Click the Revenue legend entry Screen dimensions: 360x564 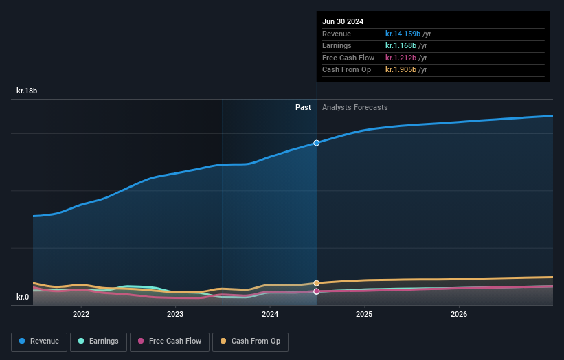coord(39,341)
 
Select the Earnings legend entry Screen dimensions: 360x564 coord(98,341)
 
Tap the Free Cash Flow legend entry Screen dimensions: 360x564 coord(170,341)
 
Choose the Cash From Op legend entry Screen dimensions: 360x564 coord(250,341)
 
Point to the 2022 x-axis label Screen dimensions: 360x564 coord(81,314)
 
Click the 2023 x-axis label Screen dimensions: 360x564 coord(175,314)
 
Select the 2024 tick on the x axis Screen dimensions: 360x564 coord(270,314)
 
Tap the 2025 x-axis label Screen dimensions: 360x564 coord(364,314)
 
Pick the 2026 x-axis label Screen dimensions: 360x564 coord(459,314)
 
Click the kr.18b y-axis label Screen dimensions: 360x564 coord(27,91)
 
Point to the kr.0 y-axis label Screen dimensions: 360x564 coord(23,297)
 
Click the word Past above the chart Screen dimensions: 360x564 coord(303,107)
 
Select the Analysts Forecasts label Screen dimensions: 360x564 coord(354,107)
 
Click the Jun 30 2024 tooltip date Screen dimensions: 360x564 coord(343,21)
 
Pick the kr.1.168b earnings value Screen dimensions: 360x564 coord(400,46)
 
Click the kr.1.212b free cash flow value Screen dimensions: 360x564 coord(400,58)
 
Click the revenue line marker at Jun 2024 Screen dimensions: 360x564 coord(317,143)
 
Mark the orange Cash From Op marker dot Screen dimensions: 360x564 coord(317,283)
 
